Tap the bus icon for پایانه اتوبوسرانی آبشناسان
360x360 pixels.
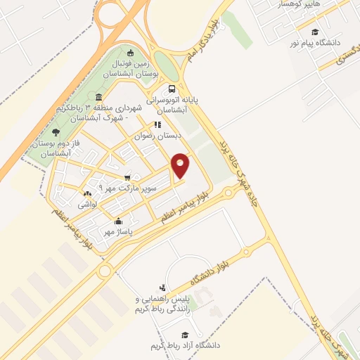pyautogui.click(x=172, y=89)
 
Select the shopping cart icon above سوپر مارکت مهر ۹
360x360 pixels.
pyautogui.click(x=127, y=177)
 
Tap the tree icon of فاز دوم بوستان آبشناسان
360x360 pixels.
pyautogui.click(x=56, y=132)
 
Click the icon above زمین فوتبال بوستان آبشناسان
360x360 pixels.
pyautogui.click(x=129, y=53)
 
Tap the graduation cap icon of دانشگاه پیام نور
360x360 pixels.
pyautogui.click(x=314, y=32)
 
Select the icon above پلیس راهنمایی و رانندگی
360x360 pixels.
pyautogui.click(x=163, y=288)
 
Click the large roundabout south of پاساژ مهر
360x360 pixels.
pyautogui.click(x=105, y=270)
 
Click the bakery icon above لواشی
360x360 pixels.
pyautogui.click(x=87, y=194)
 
